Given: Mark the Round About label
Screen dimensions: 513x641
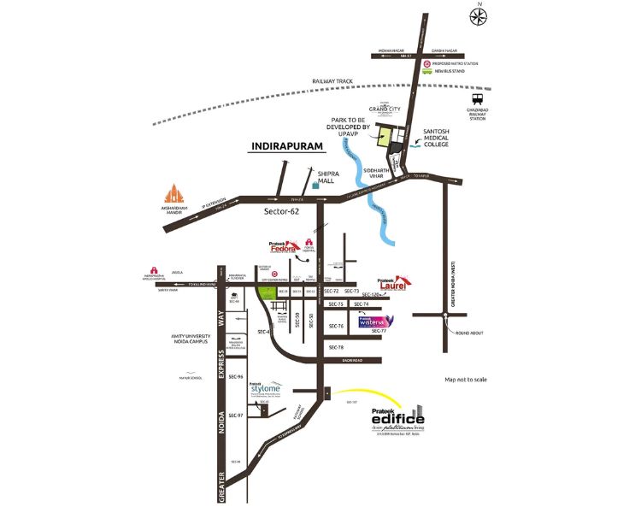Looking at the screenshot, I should [468, 333].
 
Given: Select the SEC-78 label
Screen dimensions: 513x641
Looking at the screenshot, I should [335, 348].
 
